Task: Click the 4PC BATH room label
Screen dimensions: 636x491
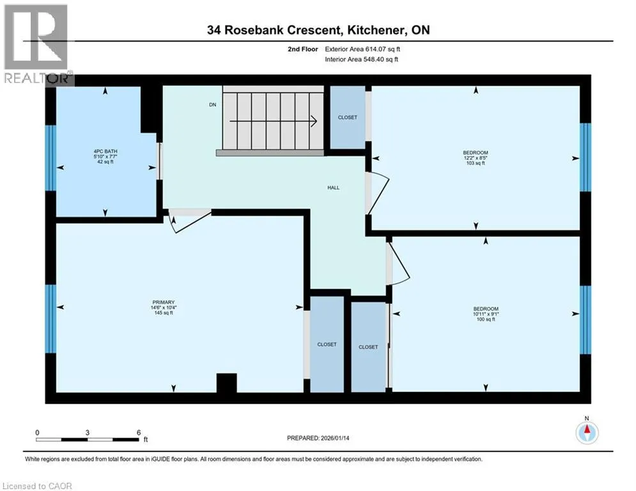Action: (x=105, y=152)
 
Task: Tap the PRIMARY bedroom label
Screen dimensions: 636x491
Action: (x=164, y=302)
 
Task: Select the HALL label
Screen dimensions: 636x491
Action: (x=334, y=187)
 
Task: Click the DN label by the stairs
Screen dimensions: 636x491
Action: (x=213, y=105)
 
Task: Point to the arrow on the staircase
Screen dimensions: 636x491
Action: (x=273, y=121)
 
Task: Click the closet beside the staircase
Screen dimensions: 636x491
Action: (x=348, y=117)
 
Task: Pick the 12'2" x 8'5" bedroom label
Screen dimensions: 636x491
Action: (x=476, y=158)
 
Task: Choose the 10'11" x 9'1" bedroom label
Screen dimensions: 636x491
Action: (x=486, y=314)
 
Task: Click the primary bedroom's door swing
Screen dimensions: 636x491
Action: (x=189, y=221)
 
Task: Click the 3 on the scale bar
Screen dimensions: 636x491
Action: (x=87, y=433)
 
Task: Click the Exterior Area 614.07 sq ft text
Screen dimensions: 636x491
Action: (x=362, y=49)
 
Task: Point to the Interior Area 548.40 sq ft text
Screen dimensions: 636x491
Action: (x=361, y=59)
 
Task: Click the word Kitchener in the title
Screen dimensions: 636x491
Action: (x=375, y=30)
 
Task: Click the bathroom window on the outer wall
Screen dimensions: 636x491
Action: (x=50, y=158)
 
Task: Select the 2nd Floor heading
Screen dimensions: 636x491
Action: (x=303, y=49)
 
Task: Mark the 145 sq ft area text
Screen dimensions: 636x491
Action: (x=164, y=313)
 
